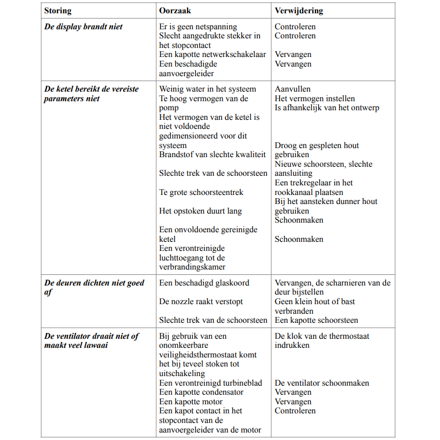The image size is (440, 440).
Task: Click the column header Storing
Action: click(x=58, y=11)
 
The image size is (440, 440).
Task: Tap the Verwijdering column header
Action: click(x=298, y=11)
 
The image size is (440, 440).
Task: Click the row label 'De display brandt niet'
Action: click(x=83, y=27)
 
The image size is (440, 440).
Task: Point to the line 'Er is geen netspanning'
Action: click(x=198, y=27)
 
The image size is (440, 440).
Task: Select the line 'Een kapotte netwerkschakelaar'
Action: click(x=212, y=54)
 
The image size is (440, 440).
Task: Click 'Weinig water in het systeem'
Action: click(x=207, y=89)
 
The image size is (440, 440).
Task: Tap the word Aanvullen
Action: click(x=292, y=89)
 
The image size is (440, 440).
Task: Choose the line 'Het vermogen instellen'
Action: click(x=314, y=99)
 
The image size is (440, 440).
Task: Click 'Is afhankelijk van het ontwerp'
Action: click(x=327, y=108)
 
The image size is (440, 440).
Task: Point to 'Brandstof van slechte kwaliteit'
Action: click(x=212, y=154)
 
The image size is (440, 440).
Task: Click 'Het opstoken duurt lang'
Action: click(x=200, y=211)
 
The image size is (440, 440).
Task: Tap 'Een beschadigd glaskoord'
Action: click(x=204, y=283)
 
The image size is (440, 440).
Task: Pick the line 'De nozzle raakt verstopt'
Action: click(x=201, y=302)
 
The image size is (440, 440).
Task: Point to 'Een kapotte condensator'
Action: click(x=201, y=392)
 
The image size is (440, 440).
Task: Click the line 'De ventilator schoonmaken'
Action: click(x=322, y=383)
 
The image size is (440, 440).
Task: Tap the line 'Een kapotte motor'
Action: click(x=191, y=402)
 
